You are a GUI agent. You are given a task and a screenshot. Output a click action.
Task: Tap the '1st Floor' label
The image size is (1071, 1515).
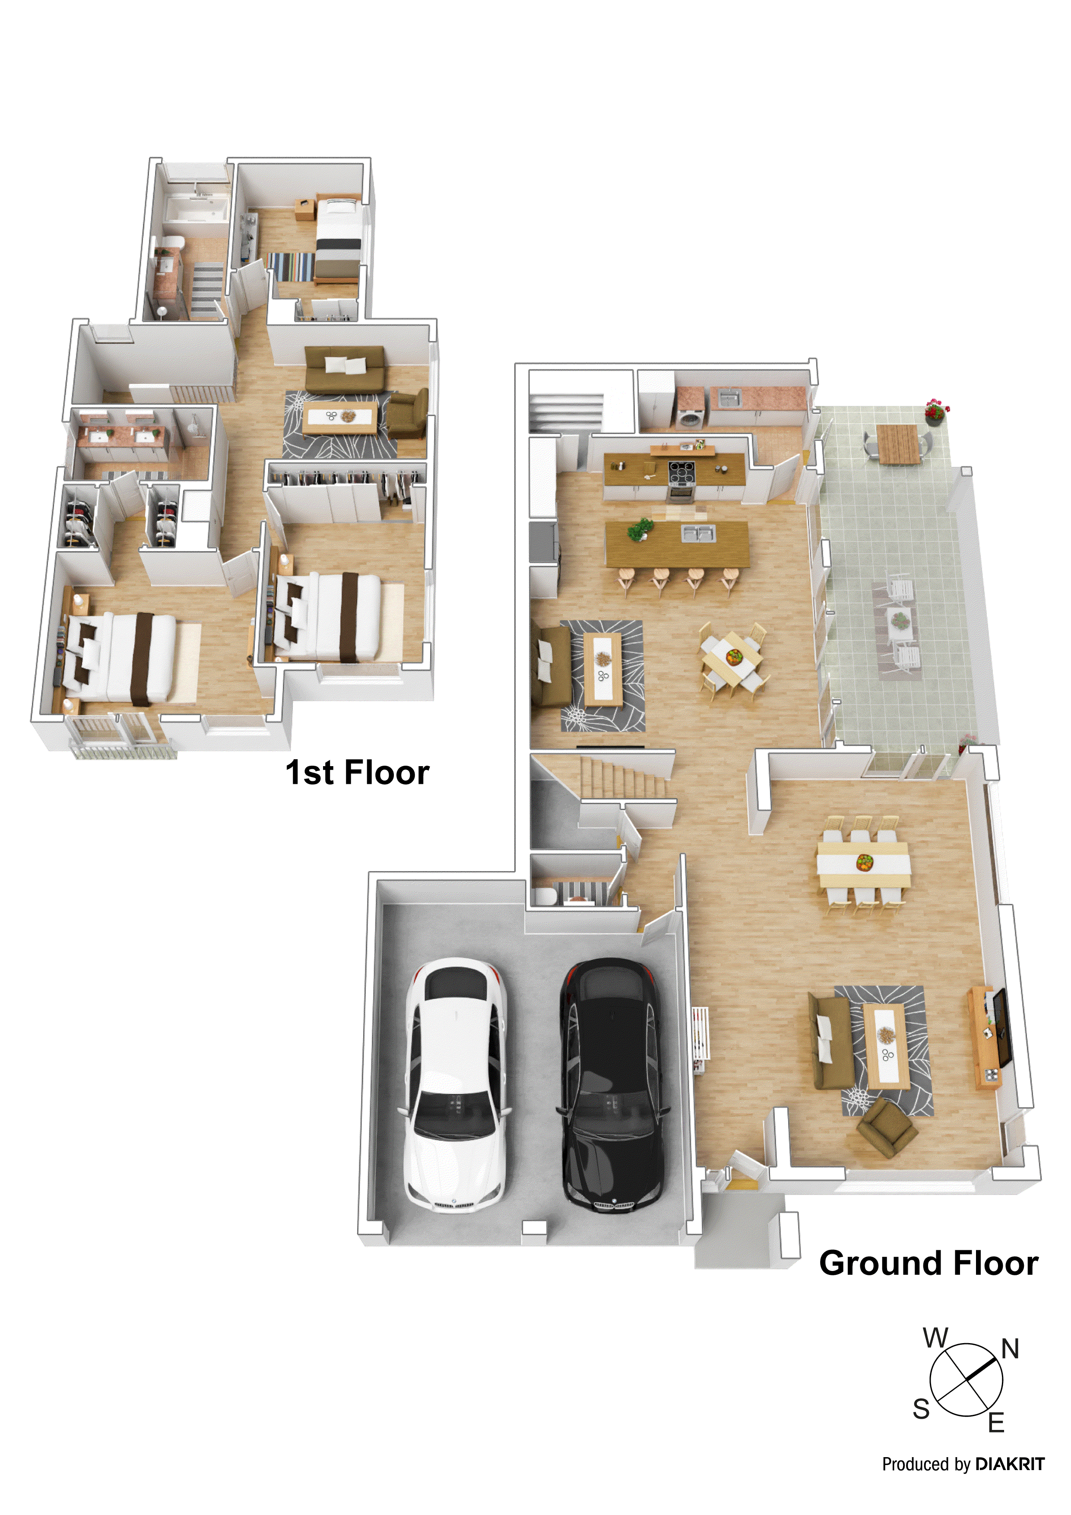(x=357, y=772)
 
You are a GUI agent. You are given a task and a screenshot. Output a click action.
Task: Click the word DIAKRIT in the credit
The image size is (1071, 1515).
(x=1010, y=1464)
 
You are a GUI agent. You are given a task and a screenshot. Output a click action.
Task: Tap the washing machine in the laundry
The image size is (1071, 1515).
(x=690, y=419)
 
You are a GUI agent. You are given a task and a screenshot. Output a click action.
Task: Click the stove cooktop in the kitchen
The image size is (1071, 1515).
(x=681, y=470)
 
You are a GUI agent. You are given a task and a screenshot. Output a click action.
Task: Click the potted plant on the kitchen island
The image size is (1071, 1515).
(x=639, y=529)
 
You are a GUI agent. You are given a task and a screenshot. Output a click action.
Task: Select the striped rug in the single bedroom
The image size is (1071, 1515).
(x=292, y=266)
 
